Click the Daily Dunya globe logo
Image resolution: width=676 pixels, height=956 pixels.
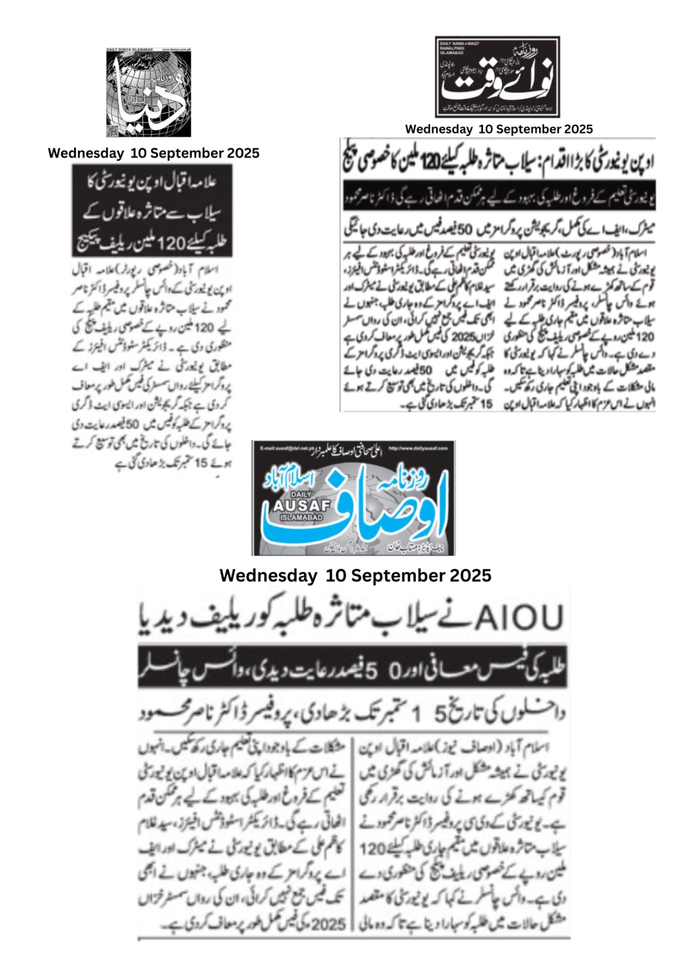[x=149, y=93]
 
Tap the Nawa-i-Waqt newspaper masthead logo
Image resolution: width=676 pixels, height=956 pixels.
[x=497, y=76]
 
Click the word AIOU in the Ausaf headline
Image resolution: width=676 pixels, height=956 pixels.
[x=519, y=618]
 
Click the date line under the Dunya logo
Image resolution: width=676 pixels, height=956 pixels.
[x=154, y=153]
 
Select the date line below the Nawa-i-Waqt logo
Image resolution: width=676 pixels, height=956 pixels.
[x=498, y=129]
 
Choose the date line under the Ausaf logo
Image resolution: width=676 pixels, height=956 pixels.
[x=355, y=575]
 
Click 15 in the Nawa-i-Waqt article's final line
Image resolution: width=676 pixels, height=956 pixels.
[x=487, y=405]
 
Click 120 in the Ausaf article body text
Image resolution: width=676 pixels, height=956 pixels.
[x=373, y=848]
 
